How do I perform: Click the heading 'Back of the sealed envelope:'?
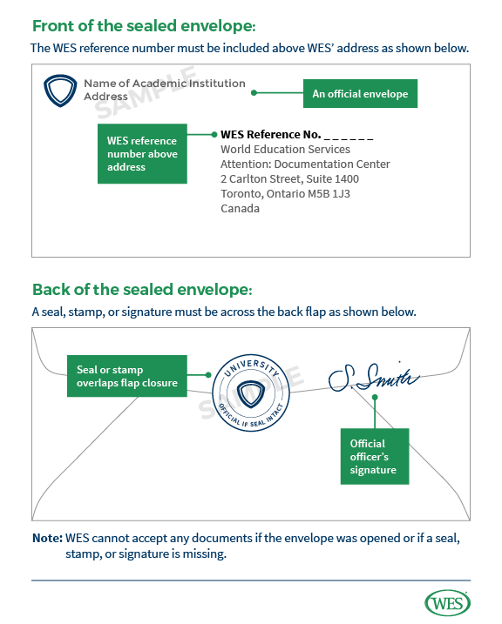143,289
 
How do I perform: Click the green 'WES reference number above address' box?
142,153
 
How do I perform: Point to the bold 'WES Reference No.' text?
269,135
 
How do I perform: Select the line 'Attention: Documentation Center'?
305,164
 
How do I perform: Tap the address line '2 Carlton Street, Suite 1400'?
289,179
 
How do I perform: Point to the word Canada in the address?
240,209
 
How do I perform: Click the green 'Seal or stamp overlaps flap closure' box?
126,376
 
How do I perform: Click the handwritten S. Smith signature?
373,376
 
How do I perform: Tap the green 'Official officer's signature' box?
373,457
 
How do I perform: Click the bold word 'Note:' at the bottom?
47,539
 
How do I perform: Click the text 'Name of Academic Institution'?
164,84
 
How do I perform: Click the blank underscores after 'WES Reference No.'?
349,136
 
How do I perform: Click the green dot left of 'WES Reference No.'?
213,135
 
